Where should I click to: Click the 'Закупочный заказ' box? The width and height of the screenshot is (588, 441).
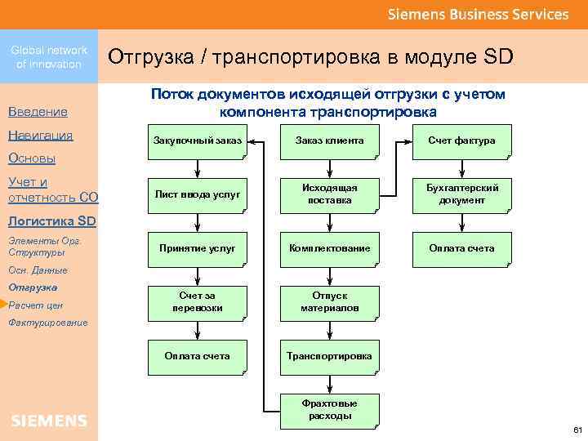pos(197,141)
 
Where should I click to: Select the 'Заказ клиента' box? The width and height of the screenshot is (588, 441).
pos(329,141)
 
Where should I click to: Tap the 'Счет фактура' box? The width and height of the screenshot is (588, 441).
pos(461,141)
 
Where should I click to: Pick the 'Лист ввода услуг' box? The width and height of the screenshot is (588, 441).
pos(197,194)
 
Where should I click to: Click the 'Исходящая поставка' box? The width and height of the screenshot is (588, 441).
pos(329,194)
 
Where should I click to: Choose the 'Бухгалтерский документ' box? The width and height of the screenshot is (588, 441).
pos(461,194)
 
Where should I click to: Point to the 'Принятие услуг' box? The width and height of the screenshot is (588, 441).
pos(197,247)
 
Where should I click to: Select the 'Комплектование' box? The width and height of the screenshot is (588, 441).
pos(329,247)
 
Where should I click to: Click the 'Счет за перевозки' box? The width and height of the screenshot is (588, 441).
pos(197,301)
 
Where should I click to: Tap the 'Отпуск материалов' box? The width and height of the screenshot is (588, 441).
pos(329,301)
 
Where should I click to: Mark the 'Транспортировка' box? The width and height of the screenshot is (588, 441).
pos(329,355)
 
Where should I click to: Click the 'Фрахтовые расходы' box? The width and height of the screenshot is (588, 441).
pos(329,409)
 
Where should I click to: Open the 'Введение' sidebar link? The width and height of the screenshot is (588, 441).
pos(38,111)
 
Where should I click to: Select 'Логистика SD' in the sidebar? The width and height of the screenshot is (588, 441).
pos(51,220)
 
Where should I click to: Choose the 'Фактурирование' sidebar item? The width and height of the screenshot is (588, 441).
pos(47,323)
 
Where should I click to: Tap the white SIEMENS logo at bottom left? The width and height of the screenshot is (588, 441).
pos(49,421)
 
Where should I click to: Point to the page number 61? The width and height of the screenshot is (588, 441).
pos(577,430)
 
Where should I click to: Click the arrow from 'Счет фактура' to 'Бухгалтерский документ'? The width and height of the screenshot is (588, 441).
pos(461,167)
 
